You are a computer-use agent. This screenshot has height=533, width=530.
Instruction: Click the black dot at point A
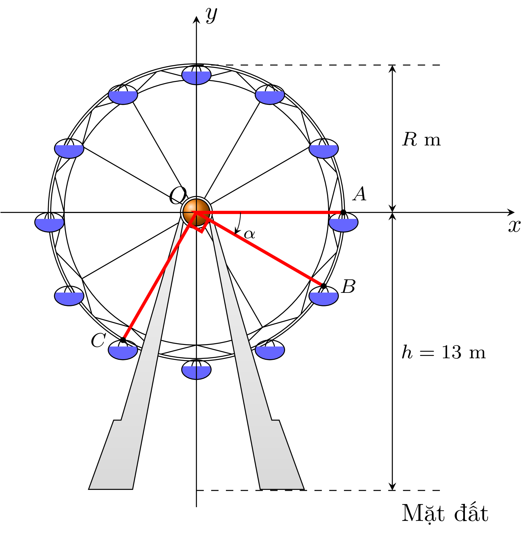(343, 212)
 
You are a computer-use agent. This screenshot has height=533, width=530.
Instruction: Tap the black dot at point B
(323, 286)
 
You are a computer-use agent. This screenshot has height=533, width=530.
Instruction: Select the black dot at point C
(123, 340)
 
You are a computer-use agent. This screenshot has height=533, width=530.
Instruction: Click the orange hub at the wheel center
(196, 212)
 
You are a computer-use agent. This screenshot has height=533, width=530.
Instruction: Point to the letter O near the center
(177, 196)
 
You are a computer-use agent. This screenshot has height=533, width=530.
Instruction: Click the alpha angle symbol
(249, 234)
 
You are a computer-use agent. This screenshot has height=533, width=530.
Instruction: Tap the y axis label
(211, 15)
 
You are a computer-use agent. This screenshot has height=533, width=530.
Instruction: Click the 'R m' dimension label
(421, 139)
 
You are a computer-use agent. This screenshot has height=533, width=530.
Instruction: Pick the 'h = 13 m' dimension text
(443, 352)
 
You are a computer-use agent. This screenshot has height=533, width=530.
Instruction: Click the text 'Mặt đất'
(445, 513)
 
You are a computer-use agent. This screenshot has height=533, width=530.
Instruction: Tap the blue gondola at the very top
(196, 75)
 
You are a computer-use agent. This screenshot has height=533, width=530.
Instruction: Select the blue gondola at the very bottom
(196, 369)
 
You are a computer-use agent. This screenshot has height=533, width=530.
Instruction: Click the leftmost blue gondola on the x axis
(49, 222)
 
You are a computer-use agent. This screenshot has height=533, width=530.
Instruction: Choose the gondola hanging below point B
(323, 296)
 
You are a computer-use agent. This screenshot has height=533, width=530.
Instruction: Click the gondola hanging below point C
(123, 350)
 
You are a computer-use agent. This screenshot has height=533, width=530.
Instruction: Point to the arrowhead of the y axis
(196, 19)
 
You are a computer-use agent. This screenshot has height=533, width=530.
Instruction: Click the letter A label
(360, 194)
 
